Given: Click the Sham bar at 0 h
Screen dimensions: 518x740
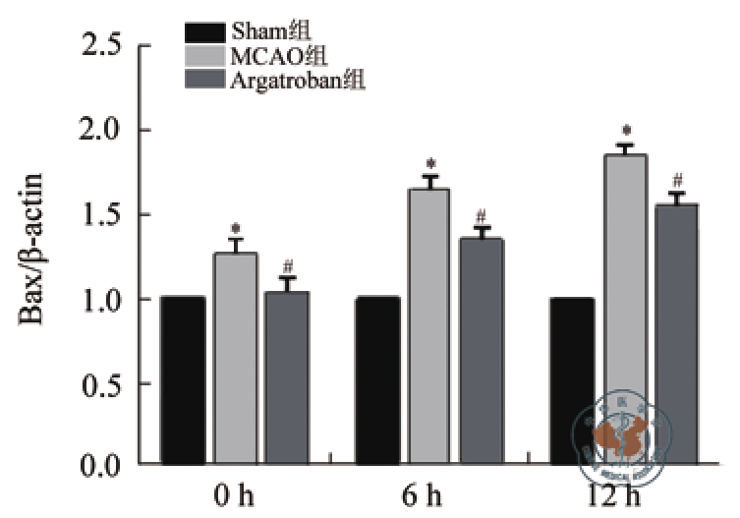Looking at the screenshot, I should pyautogui.click(x=183, y=379).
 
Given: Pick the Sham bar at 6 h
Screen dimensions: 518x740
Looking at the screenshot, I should pyautogui.click(x=377, y=379).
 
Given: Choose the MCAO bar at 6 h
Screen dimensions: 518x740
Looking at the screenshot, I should pyautogui.click(x=428, y=325).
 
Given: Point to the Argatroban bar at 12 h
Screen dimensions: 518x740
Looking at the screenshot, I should pyautogui.click(x=676, y=334).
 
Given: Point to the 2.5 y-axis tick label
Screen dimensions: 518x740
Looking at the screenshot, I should pyautogui.click(x=101, y=45).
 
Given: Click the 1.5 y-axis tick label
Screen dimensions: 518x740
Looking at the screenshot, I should pyautogui.click(x=101, y=215).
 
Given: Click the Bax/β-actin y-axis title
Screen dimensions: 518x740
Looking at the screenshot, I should pyautogui.click(x=31, y=254).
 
